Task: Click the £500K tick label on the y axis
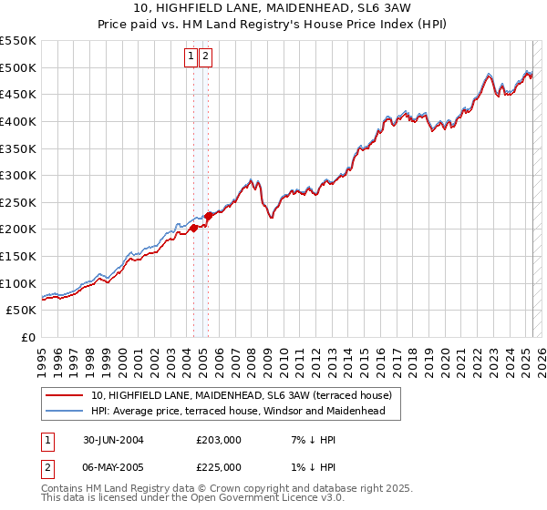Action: coord(18,67)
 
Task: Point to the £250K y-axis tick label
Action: coord(18,202)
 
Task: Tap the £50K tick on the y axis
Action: coord(22,310)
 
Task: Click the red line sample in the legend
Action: coord(63,395)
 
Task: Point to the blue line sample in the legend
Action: coord(63,411)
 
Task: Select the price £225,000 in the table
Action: coord(219,467)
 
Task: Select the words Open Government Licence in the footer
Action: coord(231,499)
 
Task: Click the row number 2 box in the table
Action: coord(46,467)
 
